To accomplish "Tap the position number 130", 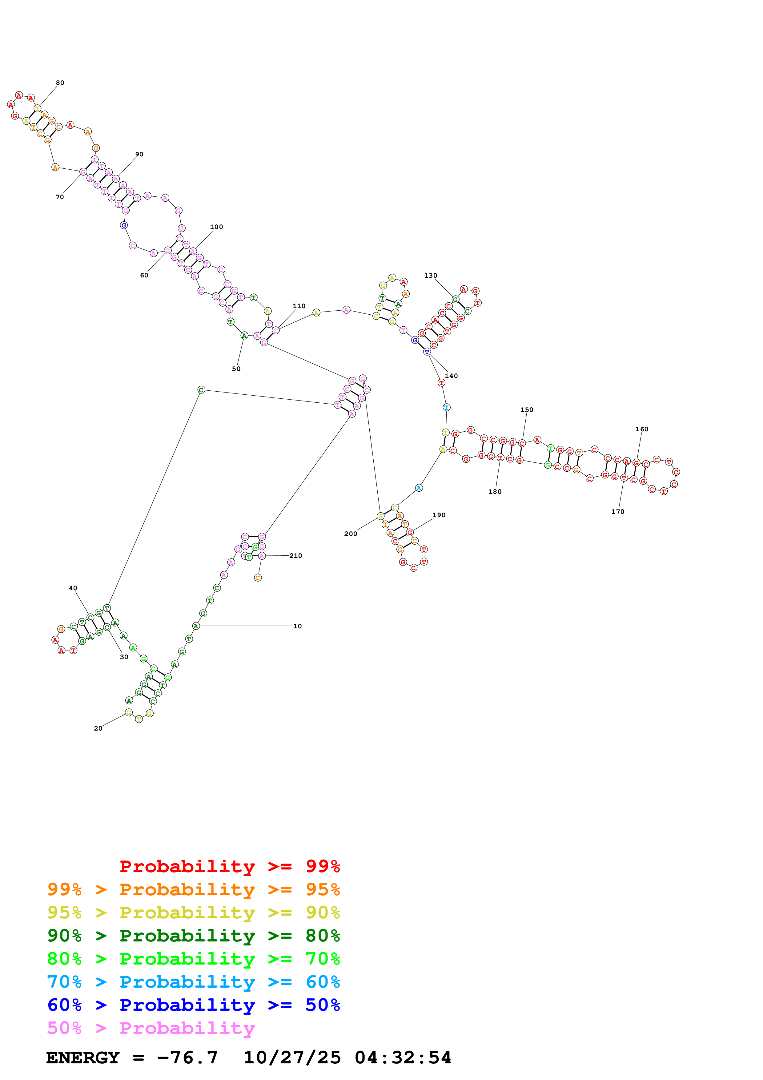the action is tap(430, 276).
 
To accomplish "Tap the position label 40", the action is tap(73, 588).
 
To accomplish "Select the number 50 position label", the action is tap(236, 369).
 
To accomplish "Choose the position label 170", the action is tap(617, 512).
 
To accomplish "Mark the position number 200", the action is tap(350, 534).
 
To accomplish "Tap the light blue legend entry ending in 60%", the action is tap(193, 982).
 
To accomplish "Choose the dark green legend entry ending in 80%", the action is tap(193, 936).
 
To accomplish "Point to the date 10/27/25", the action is tap(292, 1058).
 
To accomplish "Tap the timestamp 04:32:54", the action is tap(403, 1058).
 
